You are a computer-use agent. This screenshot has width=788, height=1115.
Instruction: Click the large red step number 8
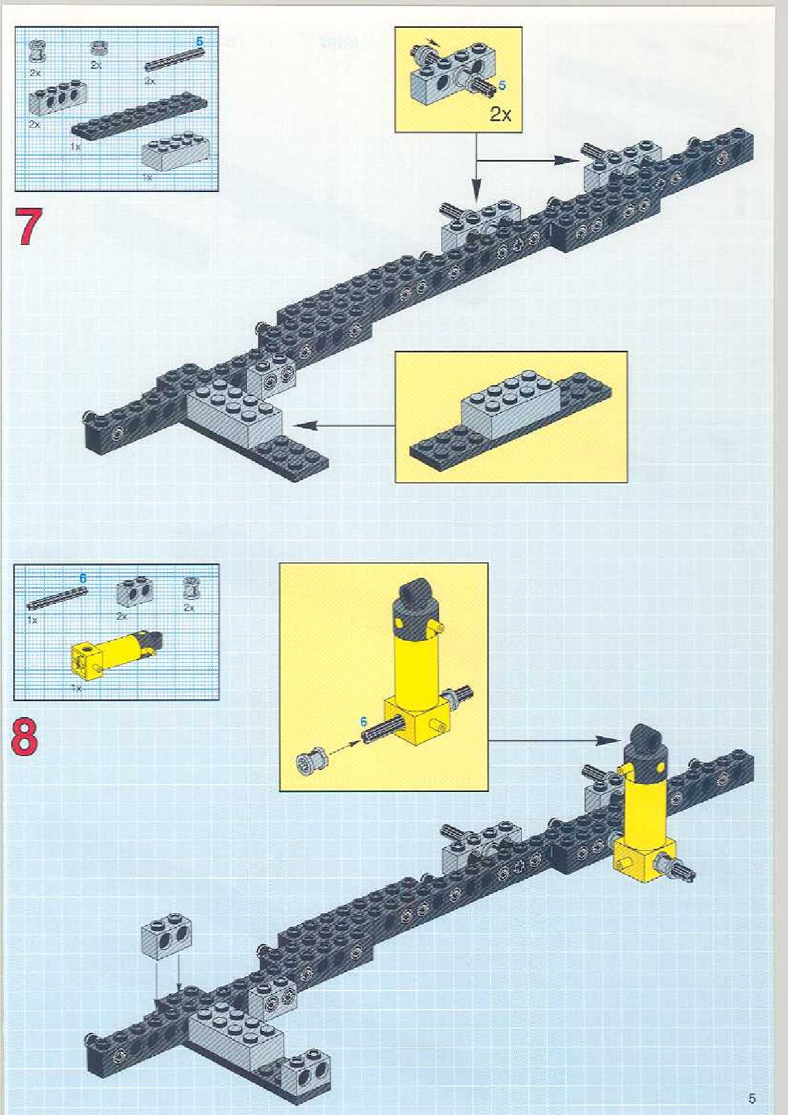(x=25, y=738)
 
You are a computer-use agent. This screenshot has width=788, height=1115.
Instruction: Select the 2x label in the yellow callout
(x=501, y=115)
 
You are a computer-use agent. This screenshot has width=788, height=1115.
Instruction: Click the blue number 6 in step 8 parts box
(x=83, y=579)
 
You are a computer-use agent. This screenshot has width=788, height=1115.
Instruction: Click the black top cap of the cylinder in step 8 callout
(x=414, y=593)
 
